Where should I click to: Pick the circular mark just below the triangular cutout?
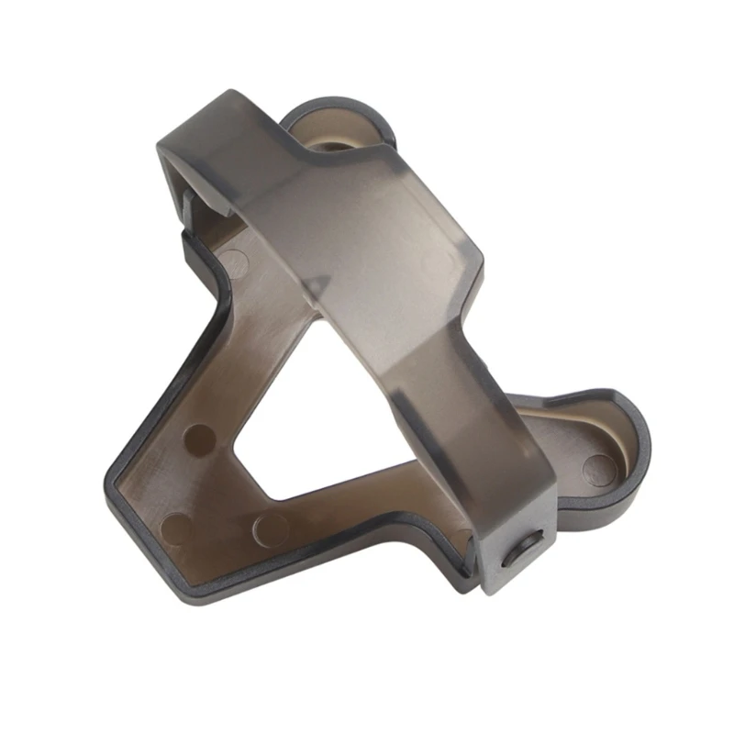click(269, 527)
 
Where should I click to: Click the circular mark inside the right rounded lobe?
click(598, 468)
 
